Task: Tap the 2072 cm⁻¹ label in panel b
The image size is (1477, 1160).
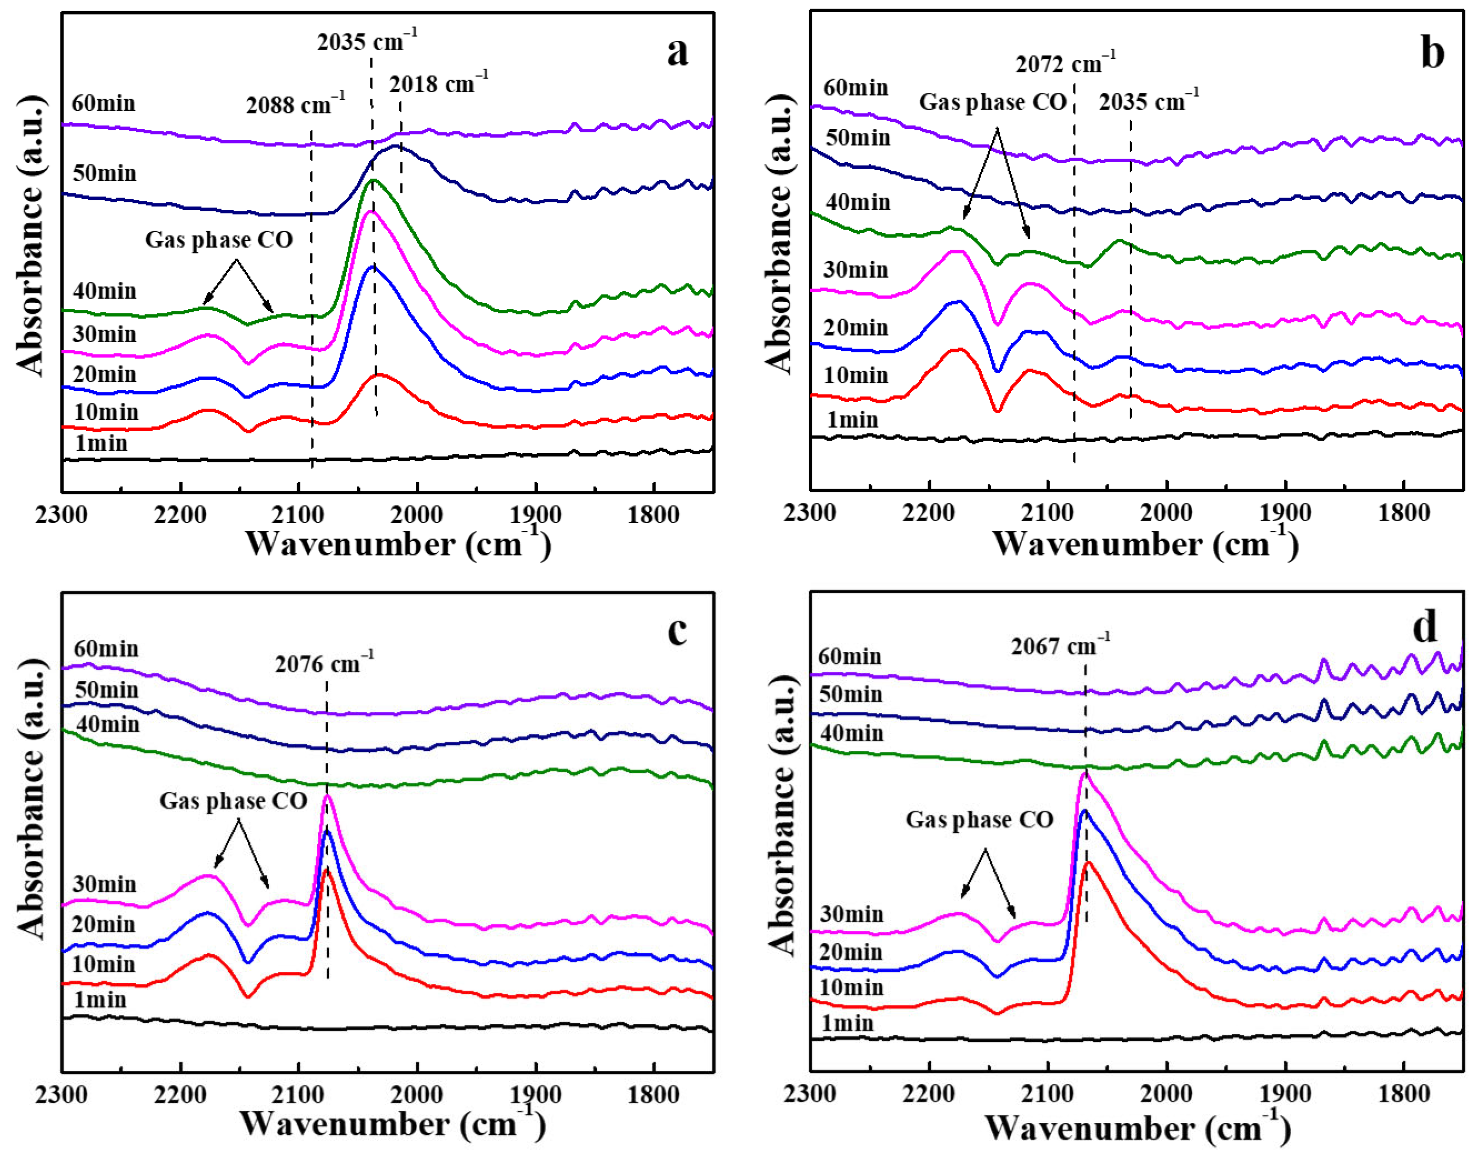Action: tap(1065, 64)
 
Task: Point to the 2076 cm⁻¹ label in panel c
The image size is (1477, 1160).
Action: tap(324, 663)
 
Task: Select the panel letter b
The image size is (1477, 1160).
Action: tap(1432, 52)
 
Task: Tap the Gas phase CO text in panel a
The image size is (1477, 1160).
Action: tap(219, 240)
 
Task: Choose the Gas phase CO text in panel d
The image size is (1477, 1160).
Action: tap(979, 820)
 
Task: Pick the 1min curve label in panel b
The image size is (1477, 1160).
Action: tap(852, 420)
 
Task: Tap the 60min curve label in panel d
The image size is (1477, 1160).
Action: tap(849, 657)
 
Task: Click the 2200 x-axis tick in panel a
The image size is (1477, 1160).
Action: tap(180, 515)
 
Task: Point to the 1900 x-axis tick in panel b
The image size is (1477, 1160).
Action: tap(1285, 513)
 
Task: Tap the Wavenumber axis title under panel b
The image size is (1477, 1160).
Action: tap(1145, 544)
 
